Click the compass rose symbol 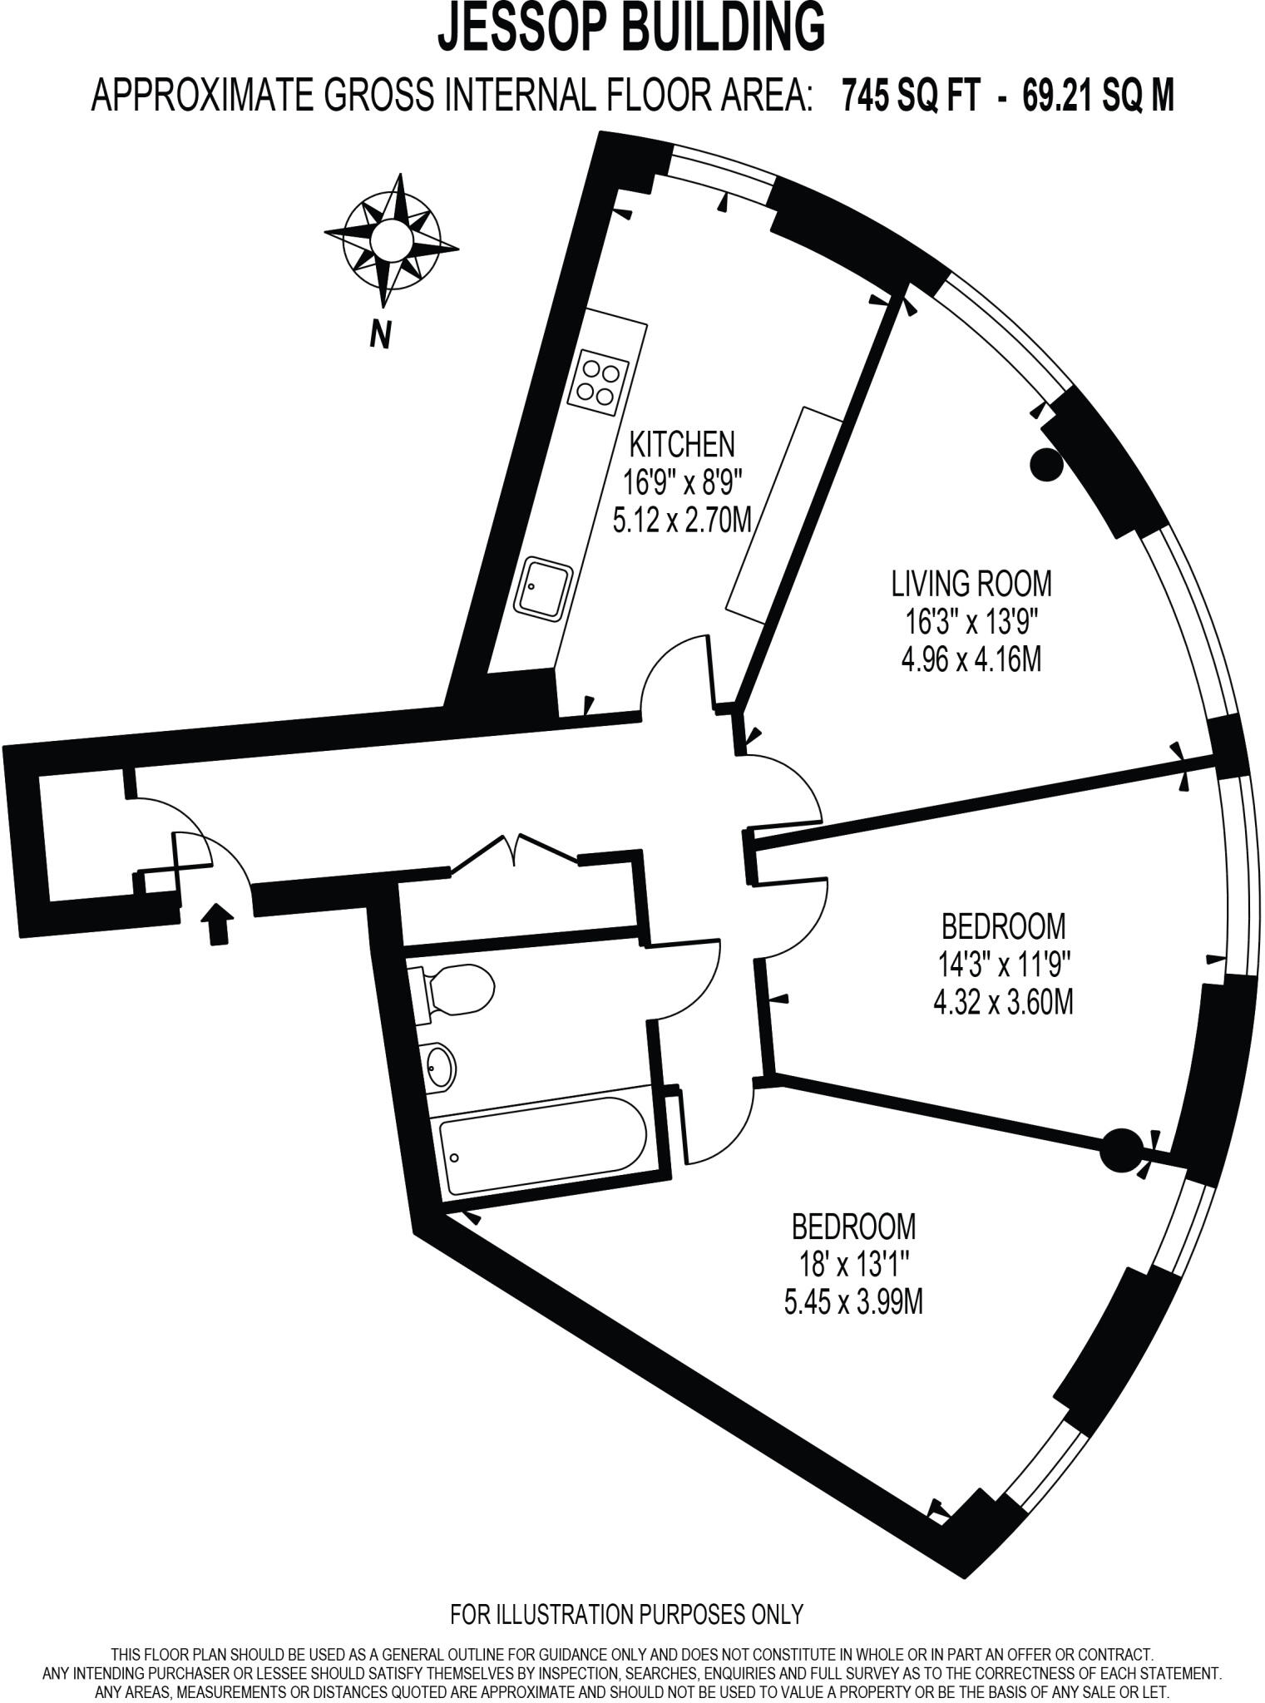(x=391, y=242)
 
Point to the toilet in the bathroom (x=457, y=990)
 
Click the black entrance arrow (x=218, y=923)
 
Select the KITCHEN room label (x=682, y=445)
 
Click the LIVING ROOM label (x=971, y=584)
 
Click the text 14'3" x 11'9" (x=1003, y=964)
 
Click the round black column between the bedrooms (x=1119, y=1150)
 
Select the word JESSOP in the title (x=541, y=27)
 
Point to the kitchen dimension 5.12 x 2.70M (x=682, y=521)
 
